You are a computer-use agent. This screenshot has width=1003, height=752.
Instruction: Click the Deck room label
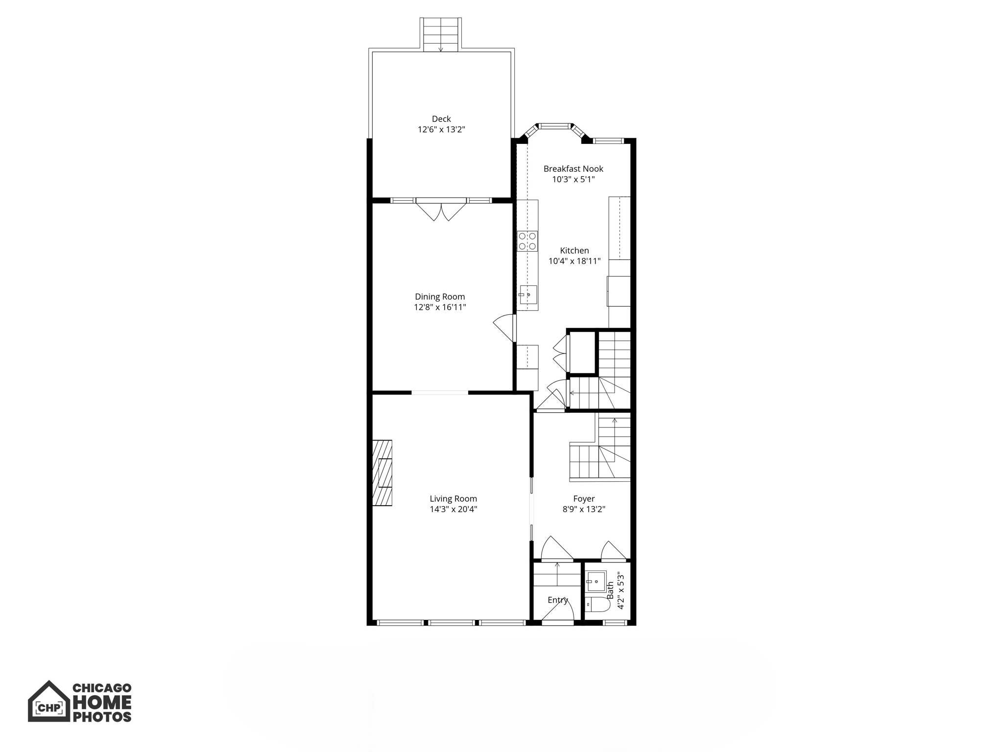coord(441,119)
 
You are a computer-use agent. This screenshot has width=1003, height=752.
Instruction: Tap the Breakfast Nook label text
coord(573,169)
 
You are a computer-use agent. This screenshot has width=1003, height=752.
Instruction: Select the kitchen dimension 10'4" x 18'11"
coord(574,261)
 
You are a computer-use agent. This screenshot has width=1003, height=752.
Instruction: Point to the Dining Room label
coord(440,297)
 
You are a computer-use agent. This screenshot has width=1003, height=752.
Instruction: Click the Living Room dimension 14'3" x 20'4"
coord(453,509)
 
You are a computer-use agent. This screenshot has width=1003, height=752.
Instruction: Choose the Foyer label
coord(584,499)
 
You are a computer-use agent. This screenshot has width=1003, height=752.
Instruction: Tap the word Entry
coord(558,600)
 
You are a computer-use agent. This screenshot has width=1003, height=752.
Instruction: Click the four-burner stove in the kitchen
coord(527,241)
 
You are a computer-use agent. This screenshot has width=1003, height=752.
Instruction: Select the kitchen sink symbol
coord(528,295)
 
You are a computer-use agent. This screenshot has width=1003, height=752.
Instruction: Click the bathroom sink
coord(596,582)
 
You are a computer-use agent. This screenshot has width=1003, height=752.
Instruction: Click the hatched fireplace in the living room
coord(382,473)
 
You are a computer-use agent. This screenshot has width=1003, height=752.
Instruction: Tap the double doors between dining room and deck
coord(441,211)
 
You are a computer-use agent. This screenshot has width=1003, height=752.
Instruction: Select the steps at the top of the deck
coord(440,34)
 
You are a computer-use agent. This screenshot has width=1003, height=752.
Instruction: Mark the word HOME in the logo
coord(102,703)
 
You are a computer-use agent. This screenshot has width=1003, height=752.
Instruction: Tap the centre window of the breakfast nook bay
coord(555,126)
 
